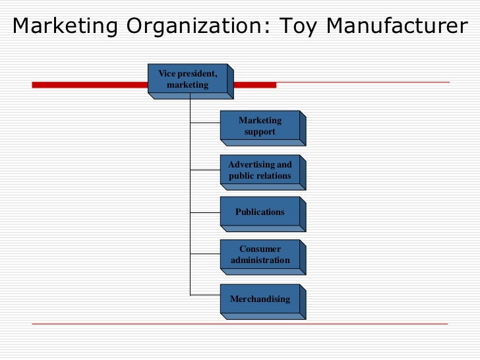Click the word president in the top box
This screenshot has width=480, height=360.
196,74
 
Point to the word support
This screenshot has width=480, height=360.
260,132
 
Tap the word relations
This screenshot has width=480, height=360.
276,176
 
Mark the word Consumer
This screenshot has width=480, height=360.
260,249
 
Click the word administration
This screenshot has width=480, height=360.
260,260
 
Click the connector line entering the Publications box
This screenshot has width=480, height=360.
205,212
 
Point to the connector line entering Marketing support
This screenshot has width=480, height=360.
205,123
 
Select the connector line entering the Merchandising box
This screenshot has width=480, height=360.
205,294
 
